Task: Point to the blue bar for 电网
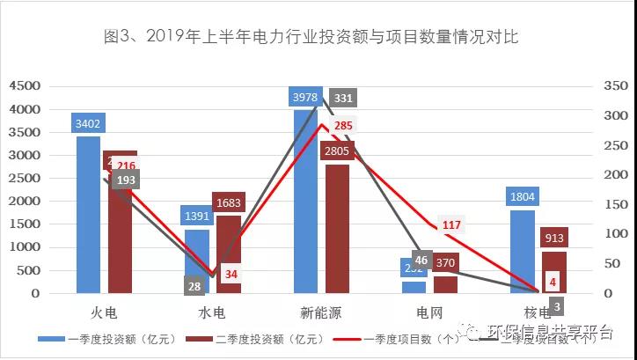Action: (x=414, y=287)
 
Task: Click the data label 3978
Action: (x=305, y=96)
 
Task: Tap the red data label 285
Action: (x=344, y=126)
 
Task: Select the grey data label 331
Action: (x=344, y=98)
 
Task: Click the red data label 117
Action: (x=451, y=225)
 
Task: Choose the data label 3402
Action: (x=89, y=123)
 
